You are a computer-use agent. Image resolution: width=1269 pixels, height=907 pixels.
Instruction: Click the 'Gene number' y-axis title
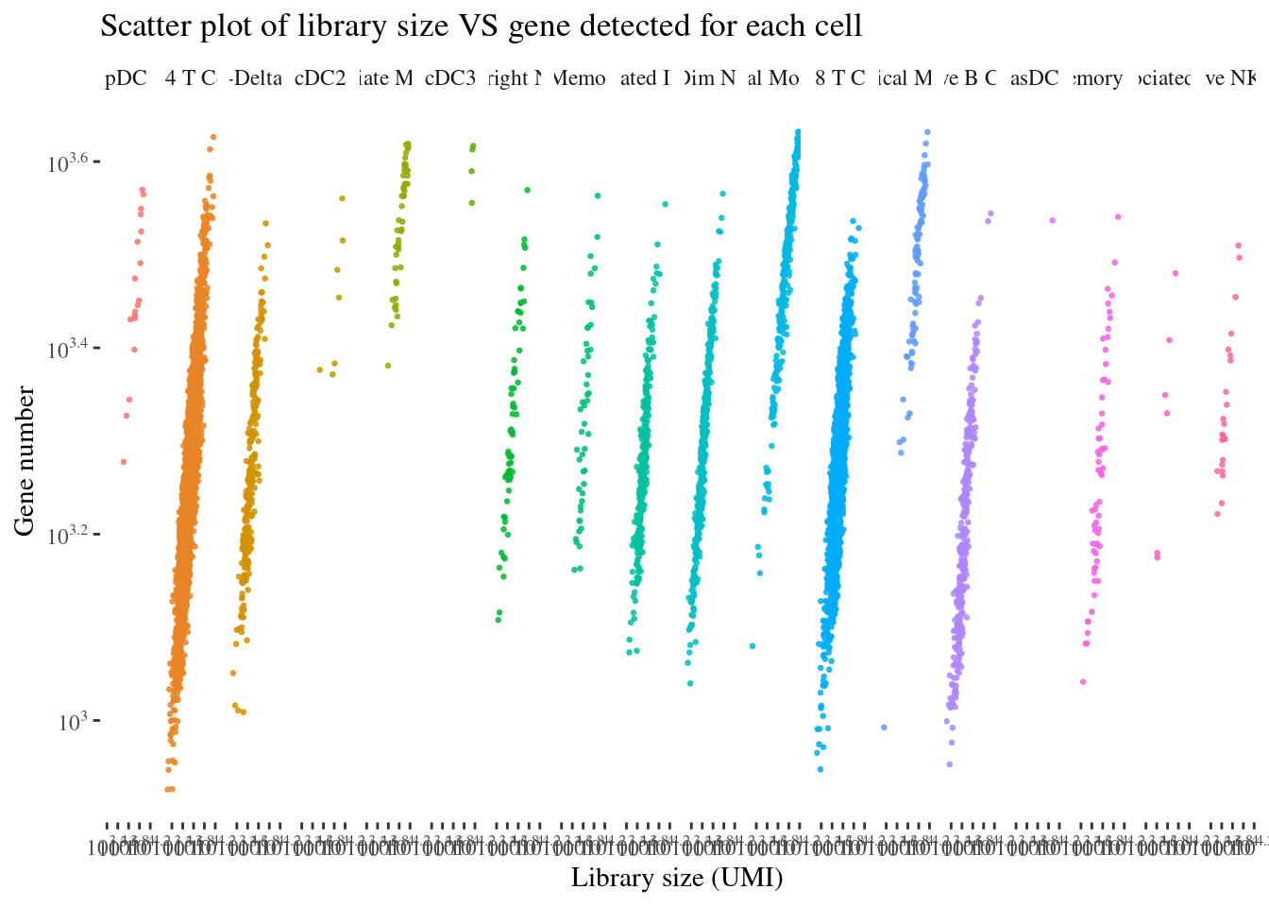point(25,460)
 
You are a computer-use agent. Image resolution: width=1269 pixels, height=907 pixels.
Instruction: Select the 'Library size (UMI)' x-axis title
point(677,878)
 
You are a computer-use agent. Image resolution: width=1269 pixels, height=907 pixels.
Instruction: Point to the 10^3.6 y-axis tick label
point(68,163)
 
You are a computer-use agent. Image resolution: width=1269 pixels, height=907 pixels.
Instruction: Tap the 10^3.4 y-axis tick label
point(68,349)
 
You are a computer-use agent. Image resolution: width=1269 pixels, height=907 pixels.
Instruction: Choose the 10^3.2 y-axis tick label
point(68,535)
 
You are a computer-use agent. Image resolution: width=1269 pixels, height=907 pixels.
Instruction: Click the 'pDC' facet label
point(126,78)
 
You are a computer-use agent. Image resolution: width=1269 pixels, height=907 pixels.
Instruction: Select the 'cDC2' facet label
point(320,78)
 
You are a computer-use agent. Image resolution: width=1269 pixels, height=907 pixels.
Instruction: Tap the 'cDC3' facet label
point(450,78)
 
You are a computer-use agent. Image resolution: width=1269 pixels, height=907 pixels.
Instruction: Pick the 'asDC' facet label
point(1035,78)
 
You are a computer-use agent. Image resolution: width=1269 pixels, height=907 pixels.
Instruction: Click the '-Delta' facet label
point(256,78)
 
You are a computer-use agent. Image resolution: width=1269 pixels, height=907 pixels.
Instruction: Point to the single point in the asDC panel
point(1052,221)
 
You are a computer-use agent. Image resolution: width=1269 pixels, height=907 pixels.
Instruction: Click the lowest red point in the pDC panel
point(123,461)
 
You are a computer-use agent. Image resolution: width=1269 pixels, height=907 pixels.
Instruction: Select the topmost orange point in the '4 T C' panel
point(213,137)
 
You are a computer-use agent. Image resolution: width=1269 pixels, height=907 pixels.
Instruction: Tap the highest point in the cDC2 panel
point(342,198)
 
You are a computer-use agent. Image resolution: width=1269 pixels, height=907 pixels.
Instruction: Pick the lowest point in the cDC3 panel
point(472,202)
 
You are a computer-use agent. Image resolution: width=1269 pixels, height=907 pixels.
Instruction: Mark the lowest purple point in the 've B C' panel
point(949,764)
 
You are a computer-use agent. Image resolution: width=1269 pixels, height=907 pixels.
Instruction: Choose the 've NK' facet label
point(1230,78)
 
